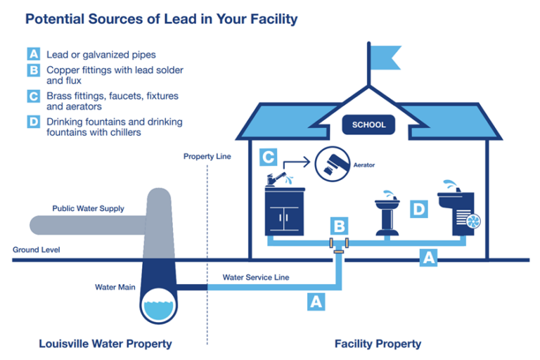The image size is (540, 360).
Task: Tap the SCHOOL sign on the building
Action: [x=368, y=125]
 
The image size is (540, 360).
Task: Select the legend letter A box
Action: [x=33, y=54]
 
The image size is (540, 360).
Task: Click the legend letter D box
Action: [x=33, y=122]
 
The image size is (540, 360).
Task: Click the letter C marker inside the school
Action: [x=268, y=156]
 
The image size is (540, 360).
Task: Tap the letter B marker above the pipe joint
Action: [x=339, y=226]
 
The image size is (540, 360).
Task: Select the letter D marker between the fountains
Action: [x=418, y=209]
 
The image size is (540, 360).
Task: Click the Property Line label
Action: [x=207, y=156]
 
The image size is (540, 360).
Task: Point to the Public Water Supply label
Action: [x=88, y=209]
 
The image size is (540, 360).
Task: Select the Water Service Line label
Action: [x=256, y=277]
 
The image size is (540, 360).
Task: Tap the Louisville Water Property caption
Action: [x=105, y=344]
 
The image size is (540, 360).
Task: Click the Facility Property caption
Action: [x=378, y=344]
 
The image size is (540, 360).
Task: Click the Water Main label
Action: [x=115, y=287]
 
